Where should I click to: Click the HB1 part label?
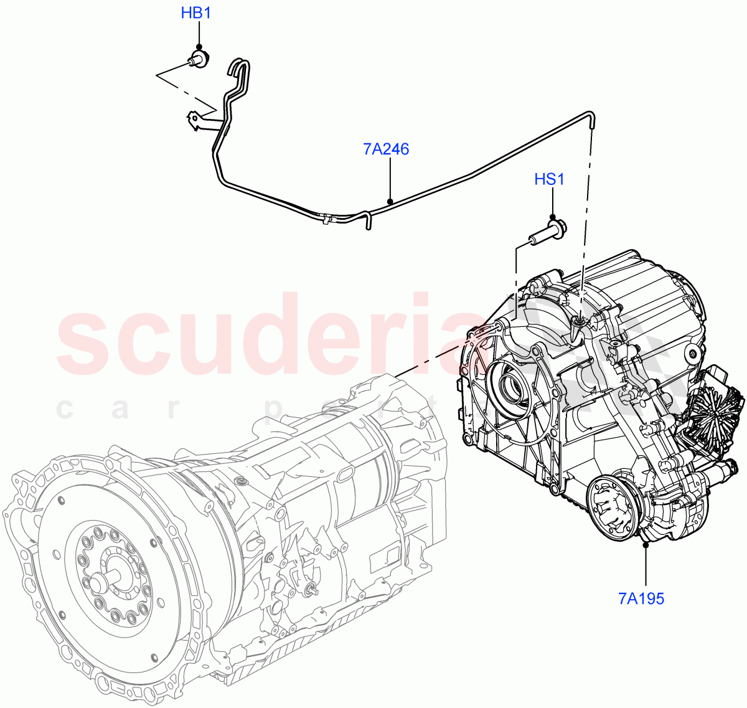coord(195,12)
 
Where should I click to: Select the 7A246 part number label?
coord(386,149)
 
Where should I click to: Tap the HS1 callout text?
coord(549,180)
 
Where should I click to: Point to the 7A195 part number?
coord(641,599)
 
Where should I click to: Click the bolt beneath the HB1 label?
coord(199,60)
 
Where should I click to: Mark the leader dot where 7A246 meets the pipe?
coord(390,201)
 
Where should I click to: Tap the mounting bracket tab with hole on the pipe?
coord(196,119)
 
